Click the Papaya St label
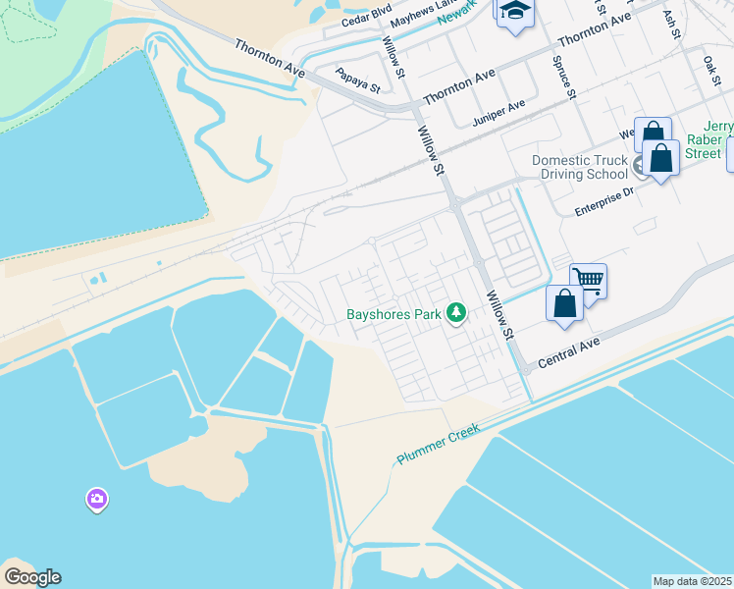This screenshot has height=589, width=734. [357, 79]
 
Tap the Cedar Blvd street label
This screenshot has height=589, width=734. [366, 15]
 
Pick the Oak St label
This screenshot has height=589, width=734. [711, 70]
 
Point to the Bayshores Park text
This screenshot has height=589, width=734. [393, 315]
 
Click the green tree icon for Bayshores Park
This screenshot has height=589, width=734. [455, 313]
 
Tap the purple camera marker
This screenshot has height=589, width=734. [96, 500]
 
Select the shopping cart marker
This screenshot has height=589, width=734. [588, 280]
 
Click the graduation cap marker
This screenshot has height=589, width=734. [513, 12]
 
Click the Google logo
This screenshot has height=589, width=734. [32, 576]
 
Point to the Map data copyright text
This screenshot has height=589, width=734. [693, 581]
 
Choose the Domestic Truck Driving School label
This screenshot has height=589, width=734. [579, 167]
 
